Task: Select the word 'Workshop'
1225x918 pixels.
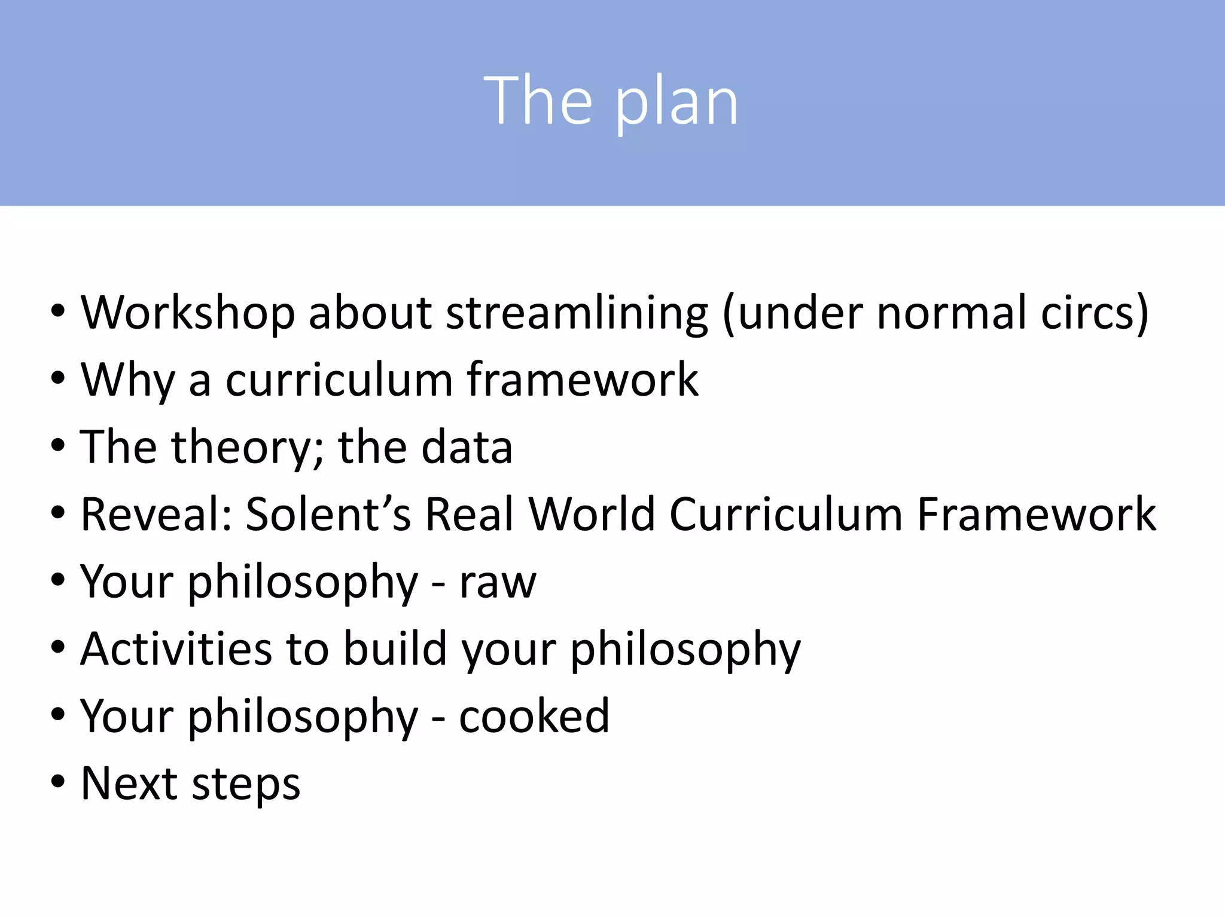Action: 188,313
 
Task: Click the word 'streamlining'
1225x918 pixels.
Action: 577,313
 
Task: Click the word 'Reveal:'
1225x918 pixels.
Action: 156,514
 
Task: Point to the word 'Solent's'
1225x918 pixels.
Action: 328,514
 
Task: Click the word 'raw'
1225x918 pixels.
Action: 498,582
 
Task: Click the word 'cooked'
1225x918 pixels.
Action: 534,716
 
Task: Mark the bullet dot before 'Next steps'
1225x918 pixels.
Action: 57,782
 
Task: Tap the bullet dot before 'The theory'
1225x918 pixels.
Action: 57,446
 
